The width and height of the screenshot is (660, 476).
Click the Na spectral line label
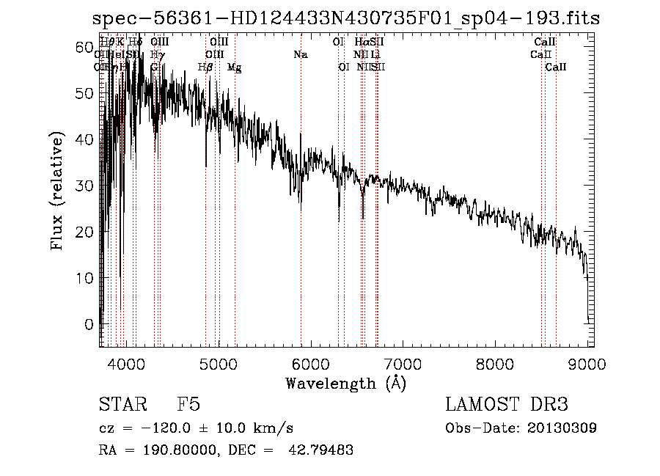coord(300,54)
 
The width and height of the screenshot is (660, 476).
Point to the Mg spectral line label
coord(235,67)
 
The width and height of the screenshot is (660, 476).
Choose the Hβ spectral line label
coord(206,67)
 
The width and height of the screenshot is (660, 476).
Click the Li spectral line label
coord(375,54)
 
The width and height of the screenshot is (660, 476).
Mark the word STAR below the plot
coord(122,405)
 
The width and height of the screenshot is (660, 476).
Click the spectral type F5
coord(188,405)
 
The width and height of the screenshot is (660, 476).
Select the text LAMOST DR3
coord(507,405)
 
